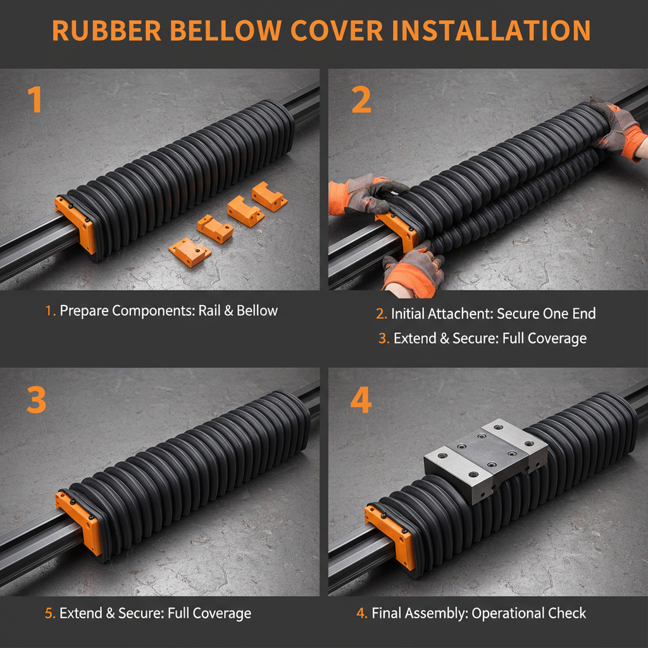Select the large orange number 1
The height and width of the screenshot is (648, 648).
[x=34, y=100]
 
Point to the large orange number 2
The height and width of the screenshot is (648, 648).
[x=361, y=100]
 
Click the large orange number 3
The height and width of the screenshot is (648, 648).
[x=36, y=399]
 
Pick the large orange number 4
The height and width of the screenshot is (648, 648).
[x=361, y=399]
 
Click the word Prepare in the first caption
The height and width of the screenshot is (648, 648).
[x=84, y=311]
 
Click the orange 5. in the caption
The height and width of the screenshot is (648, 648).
[x=50, y=613]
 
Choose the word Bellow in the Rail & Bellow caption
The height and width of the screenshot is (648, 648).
[x=257, y=311]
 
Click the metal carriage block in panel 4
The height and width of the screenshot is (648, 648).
[x=485, y=458]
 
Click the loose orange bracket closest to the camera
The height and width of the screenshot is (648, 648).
[x=189, y=252]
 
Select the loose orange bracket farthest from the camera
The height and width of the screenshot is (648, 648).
[x=270, y=196]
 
